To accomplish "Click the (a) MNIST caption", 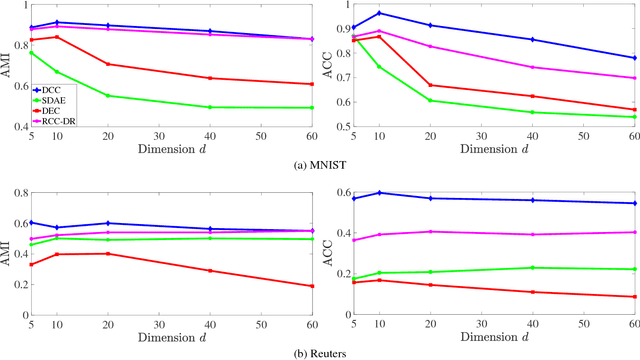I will [320, 168].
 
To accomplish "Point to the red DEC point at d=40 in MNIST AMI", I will [210, 78].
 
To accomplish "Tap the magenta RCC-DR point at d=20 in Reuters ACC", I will [430, 232].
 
